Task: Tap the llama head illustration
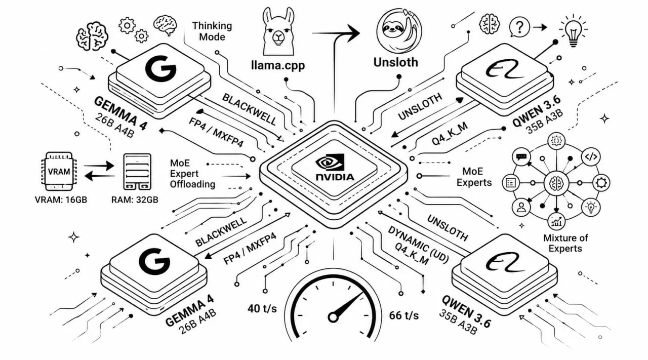278,31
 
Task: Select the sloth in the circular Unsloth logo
399,30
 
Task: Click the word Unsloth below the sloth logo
396,62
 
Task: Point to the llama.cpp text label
278,65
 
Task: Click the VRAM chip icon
59,171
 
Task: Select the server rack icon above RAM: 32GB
137,172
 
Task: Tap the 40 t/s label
262,308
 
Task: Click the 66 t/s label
404,315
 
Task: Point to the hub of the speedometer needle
333,317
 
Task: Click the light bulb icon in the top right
573,30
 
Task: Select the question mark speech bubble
519,27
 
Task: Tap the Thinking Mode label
212,31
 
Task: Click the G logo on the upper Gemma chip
160,68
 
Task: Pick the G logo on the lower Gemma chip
154,261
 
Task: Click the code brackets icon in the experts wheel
591,157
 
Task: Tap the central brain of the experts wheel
556,183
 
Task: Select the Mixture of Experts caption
565,243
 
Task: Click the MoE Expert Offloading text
192,174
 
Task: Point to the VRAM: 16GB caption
61,199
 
